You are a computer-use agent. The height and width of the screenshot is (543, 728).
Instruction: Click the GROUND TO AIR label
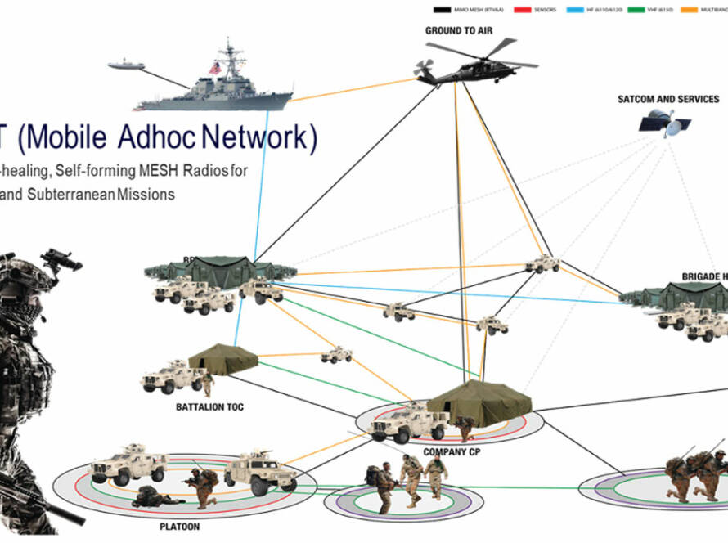(x=459, y=30)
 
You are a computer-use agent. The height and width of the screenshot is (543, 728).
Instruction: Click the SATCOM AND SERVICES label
(x=668, y=99)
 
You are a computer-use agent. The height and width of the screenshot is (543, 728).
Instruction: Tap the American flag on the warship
(x=216, y=68)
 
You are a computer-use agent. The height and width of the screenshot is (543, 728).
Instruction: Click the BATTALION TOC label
(x=210, y=406)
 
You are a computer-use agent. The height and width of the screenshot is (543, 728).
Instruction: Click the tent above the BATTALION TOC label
(x=223, y=358)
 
